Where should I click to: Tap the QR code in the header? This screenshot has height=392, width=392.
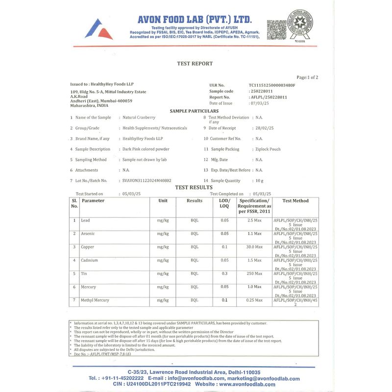click(x=276, y=29)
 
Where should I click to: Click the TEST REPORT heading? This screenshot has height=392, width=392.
click(x=195, y=64)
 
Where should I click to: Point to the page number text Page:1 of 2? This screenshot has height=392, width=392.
click(x=307, y=77)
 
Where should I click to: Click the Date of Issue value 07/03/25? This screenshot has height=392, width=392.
click(x=260, y=103)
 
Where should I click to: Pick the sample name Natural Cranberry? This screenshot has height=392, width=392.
click(x=139, y=118)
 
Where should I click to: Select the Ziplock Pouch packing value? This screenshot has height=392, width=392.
click(x=268, y=149)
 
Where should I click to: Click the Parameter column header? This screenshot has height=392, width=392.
click(x=93, y=201)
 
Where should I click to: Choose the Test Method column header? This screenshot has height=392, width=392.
click(x=295, y=201)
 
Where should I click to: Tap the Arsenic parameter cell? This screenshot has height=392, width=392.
click(x=88, y=234)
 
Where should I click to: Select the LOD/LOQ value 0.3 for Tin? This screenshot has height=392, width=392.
click(x=224, y=273)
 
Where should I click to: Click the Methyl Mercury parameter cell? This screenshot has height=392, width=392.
click(x=95, y=300)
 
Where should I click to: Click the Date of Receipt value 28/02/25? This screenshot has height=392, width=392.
click(x=265, y=128)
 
